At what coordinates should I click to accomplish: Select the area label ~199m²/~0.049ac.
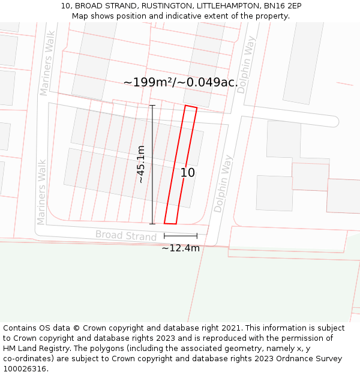(x=180, y=82)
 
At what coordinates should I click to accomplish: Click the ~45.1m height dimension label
(x=141, y=164)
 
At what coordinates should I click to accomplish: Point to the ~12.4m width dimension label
(x=180, y=248)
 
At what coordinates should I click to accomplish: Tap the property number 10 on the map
(x=188, y=173)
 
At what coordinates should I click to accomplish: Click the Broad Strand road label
(x=125, y=235)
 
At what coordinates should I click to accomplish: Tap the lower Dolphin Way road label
(x=223, y=184)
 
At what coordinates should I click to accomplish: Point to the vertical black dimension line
(x=152, y=164)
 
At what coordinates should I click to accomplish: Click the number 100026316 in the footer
(x=24, y=369)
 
